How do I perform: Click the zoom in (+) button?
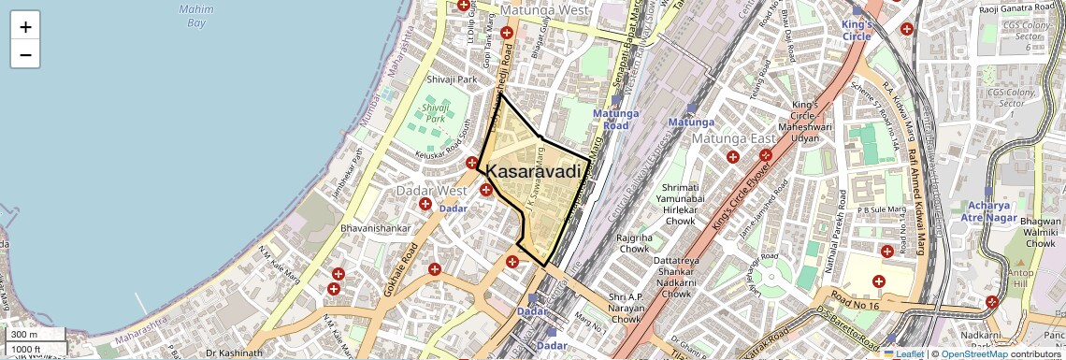(x=25, y=27)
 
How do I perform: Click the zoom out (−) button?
(x=25, y=54)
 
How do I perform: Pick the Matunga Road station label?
(x=614, y=119)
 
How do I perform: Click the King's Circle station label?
(x=857, y=30)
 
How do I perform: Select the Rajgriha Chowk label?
(x=633, y=243)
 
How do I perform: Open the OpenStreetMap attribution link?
(x=973, y=353)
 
